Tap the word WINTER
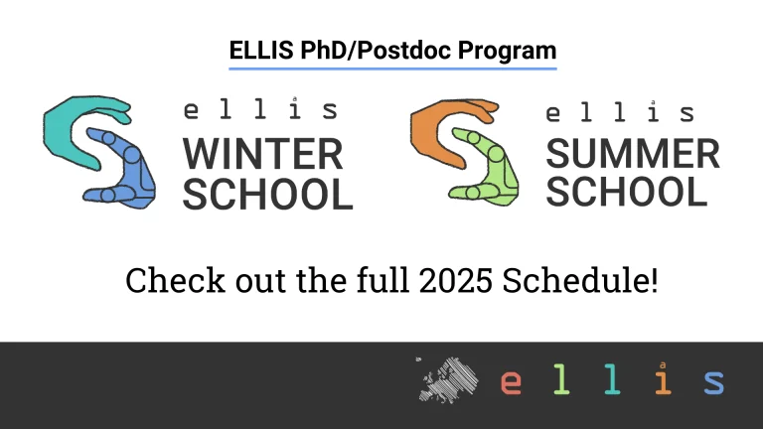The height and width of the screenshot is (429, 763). (262, 154)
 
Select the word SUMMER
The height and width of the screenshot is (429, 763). (633, 154)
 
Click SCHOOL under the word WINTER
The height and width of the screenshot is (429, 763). (267, 194)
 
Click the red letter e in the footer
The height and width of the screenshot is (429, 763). (511, 382)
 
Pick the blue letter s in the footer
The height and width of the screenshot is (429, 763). (713, 382)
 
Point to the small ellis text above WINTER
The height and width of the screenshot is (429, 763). (260, 110)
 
